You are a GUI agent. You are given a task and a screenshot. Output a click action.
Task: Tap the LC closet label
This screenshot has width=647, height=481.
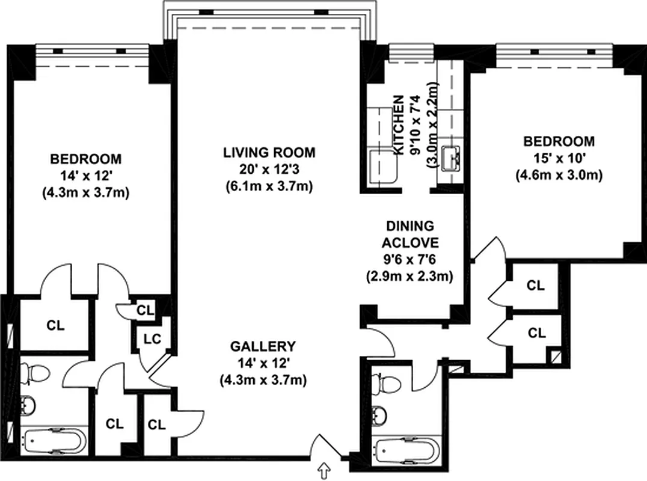coord(152,339)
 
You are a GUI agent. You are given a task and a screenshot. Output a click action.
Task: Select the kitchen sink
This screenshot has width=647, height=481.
coord(450,158)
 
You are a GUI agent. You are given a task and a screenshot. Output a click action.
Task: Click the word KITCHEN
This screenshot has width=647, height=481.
coord(397,126)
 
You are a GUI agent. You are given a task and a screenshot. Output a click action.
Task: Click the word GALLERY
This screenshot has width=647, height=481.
coord(263,346)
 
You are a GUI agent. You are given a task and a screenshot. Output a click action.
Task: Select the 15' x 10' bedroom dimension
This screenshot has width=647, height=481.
coord(559,158)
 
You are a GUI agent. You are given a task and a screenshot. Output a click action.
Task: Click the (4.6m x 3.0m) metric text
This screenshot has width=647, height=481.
coord(559,175)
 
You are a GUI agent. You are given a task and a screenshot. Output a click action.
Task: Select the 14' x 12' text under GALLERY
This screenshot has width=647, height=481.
coord(263,363)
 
